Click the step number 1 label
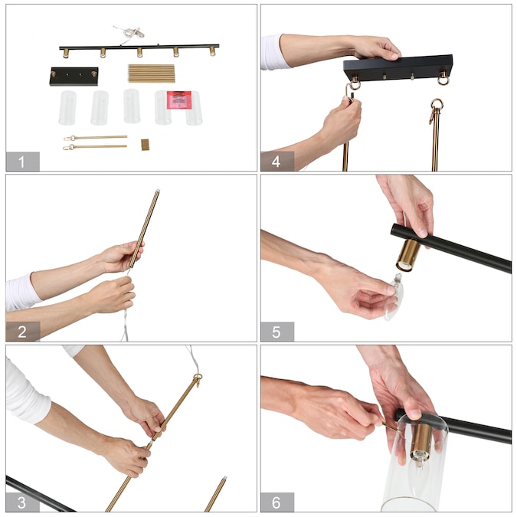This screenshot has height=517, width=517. pos(21,162)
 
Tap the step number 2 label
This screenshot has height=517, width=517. pos(22,332)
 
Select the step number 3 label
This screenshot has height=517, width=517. pos(21,502)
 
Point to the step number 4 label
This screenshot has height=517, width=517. pos(276,162)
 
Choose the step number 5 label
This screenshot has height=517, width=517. pos(276,332)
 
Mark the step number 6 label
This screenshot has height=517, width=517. pos(276,502)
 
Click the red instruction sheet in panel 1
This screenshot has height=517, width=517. pos(179,100)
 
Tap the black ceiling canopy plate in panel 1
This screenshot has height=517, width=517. pos(74,76)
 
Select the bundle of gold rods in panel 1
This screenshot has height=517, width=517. pos(152,74)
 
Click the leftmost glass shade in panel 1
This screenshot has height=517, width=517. pos(67,108)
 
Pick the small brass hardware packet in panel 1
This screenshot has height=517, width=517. pos(145,145)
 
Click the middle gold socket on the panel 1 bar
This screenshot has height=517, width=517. pos(140,52)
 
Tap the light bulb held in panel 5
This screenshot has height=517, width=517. pos(394,295)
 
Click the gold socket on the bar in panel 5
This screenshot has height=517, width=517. pos(408,254)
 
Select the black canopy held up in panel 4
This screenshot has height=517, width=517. pos(398,67)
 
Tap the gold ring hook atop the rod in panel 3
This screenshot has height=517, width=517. pos(198,379)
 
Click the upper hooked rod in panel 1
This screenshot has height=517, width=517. pos(95,138)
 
